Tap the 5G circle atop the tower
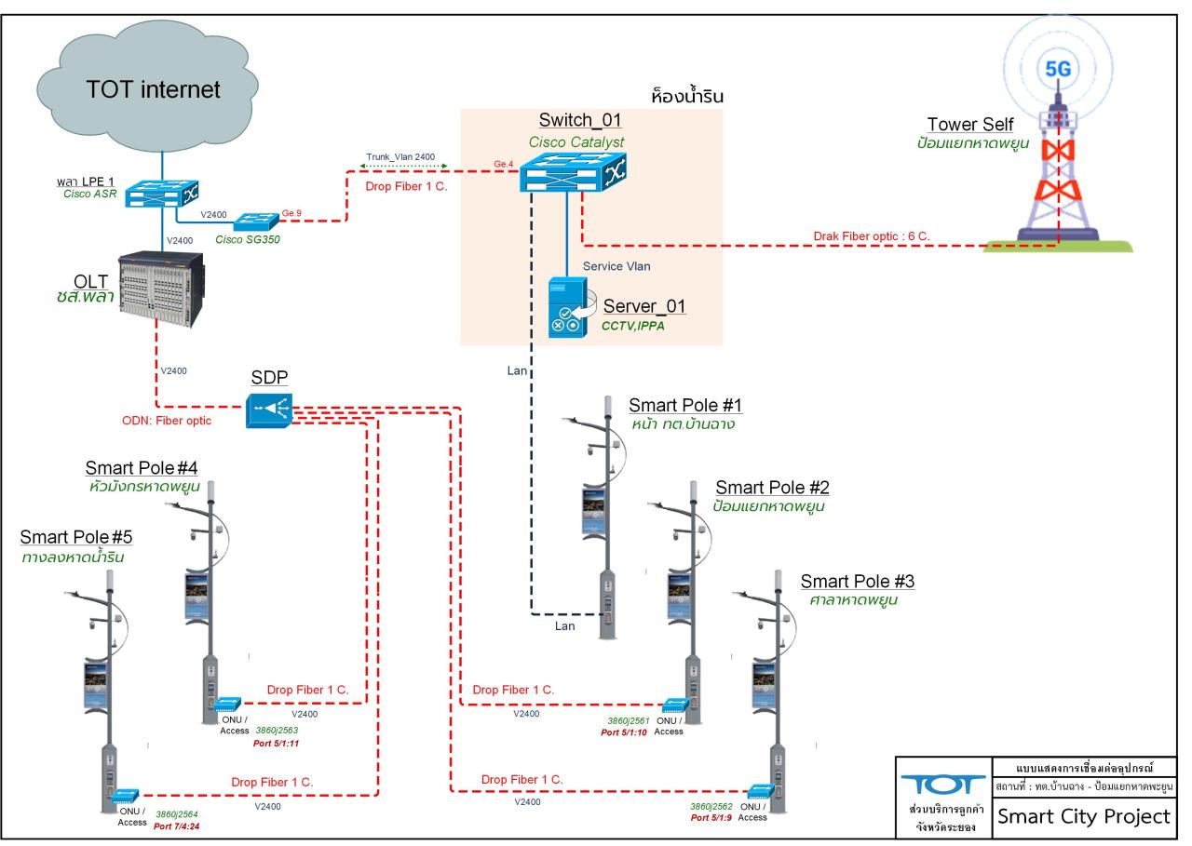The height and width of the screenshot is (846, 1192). point(1058,68)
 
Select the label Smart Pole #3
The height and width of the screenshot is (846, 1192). point(857,582)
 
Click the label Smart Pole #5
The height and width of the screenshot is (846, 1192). point(72,537)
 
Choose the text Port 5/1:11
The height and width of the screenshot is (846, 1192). point(276,744)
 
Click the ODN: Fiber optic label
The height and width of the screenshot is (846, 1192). point(167,420)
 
